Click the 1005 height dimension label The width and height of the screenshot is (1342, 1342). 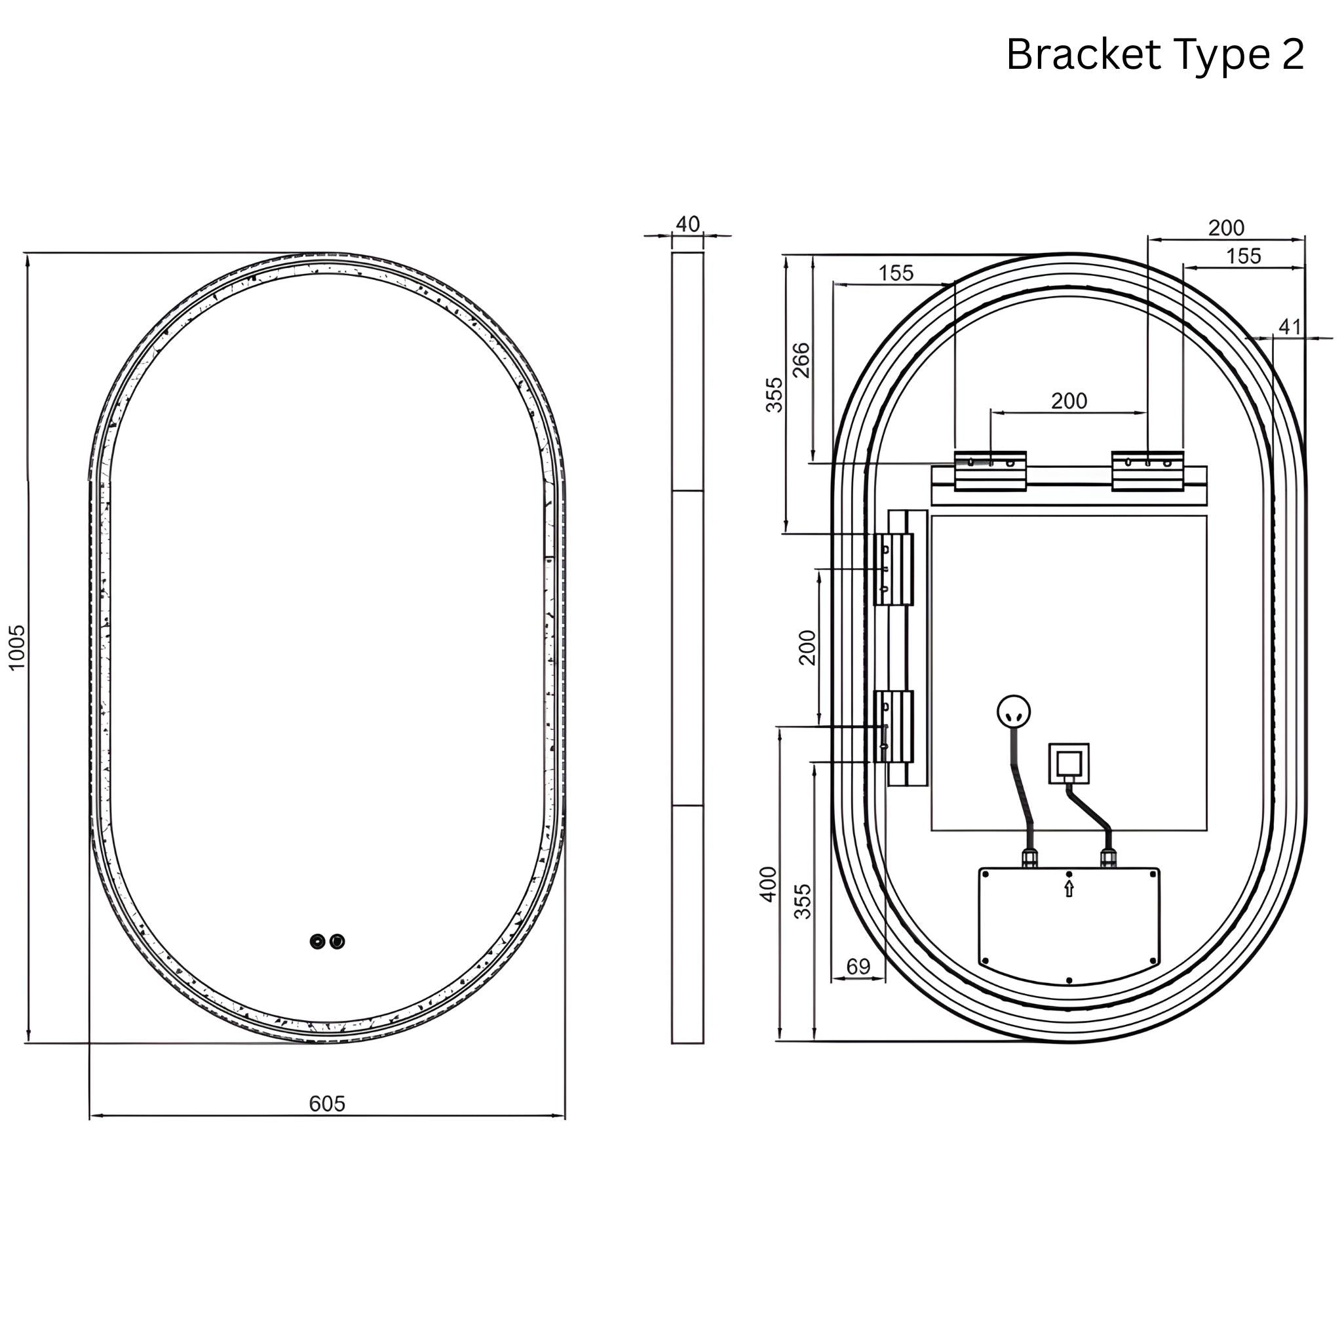click(16, 647)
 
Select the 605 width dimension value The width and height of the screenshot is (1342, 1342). click(326, 1103)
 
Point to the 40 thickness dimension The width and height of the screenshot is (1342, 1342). click(687, 224)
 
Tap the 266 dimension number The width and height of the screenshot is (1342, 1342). click(801, 360)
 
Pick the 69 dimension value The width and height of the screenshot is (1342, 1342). click(858, 967)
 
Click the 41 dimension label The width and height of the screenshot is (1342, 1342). click(1290, 326)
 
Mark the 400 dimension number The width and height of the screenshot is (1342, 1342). click(768, 884)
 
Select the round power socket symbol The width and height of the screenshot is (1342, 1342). click(1014, 711)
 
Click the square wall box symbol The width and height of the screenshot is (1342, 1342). click(1069, 764)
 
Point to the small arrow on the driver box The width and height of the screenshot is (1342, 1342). click(1069, 889)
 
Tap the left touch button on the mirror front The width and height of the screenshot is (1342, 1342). click(317, 942)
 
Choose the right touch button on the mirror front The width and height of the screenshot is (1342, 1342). click(337, 942)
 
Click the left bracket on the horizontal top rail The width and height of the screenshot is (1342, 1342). click(990, 471)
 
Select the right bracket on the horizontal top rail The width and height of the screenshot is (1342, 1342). click(1147, 471)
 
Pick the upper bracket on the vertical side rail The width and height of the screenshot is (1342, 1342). click(893, 569)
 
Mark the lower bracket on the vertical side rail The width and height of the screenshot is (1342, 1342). click(893, 727)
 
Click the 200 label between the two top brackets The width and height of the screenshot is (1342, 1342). click(1069, 401)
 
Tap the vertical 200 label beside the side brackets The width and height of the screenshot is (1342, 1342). click(807, 647)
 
